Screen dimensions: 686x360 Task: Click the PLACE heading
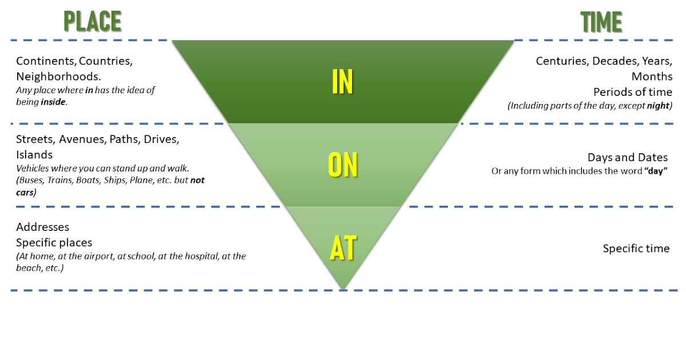point(92,22)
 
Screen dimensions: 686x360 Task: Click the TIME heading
point(601,22)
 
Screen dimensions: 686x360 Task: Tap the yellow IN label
point(342,82)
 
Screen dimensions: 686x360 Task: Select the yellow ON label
point(342,165)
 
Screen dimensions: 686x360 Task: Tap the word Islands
point(34,155)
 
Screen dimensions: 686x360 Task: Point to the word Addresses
point(43,227)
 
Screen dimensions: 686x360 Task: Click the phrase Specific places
point(54,242)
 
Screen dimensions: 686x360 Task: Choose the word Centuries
point(561,61)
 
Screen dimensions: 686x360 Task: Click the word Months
point(652,77)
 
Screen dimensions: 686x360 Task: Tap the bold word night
point(657,106)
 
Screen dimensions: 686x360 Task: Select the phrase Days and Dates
point(628,158)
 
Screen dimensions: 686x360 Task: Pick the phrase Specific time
point(636,249)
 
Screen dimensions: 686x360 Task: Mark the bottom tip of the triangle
point(343,289)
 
